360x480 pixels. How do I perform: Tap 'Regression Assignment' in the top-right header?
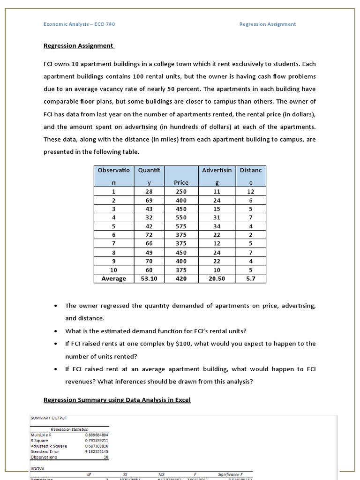(x=268, y=24)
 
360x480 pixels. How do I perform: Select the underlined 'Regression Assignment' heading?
(x=78, y=45)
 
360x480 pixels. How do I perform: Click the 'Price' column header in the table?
(x=181, y=182)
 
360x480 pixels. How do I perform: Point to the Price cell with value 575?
(x=181, y=226)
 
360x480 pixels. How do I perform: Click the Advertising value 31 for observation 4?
(x=217, y=217)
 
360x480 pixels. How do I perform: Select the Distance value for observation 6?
(x=251, y=235)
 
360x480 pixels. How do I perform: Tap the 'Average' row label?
(x=114, y=278)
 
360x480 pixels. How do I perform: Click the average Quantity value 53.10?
(x=149, y=278)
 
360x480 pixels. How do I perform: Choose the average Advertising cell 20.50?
(x=217, y=278)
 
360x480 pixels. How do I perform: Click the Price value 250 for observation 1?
(x=181, y=192)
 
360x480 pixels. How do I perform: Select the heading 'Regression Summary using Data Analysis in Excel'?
(x=117, y=400)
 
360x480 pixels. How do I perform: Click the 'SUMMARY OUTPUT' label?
(x=49, y=418)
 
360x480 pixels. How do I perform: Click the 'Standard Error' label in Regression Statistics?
(x=45, y=451)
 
